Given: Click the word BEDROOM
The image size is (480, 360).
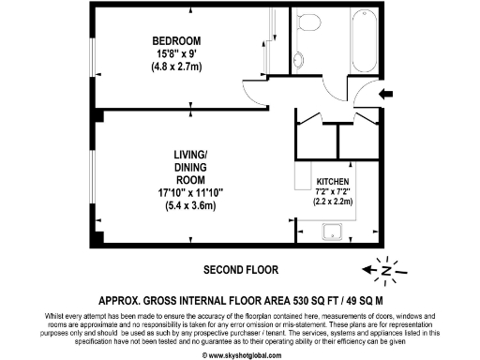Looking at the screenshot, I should pos(177,40).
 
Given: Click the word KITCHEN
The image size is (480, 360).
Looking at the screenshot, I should pos(335,180).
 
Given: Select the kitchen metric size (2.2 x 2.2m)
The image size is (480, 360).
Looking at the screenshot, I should pos(335,201).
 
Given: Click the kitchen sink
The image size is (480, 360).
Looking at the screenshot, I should pos(331,233).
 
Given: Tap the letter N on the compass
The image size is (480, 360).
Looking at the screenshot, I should pos(383,271).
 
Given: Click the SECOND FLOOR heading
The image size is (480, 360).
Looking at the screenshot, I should pos(241,270).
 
